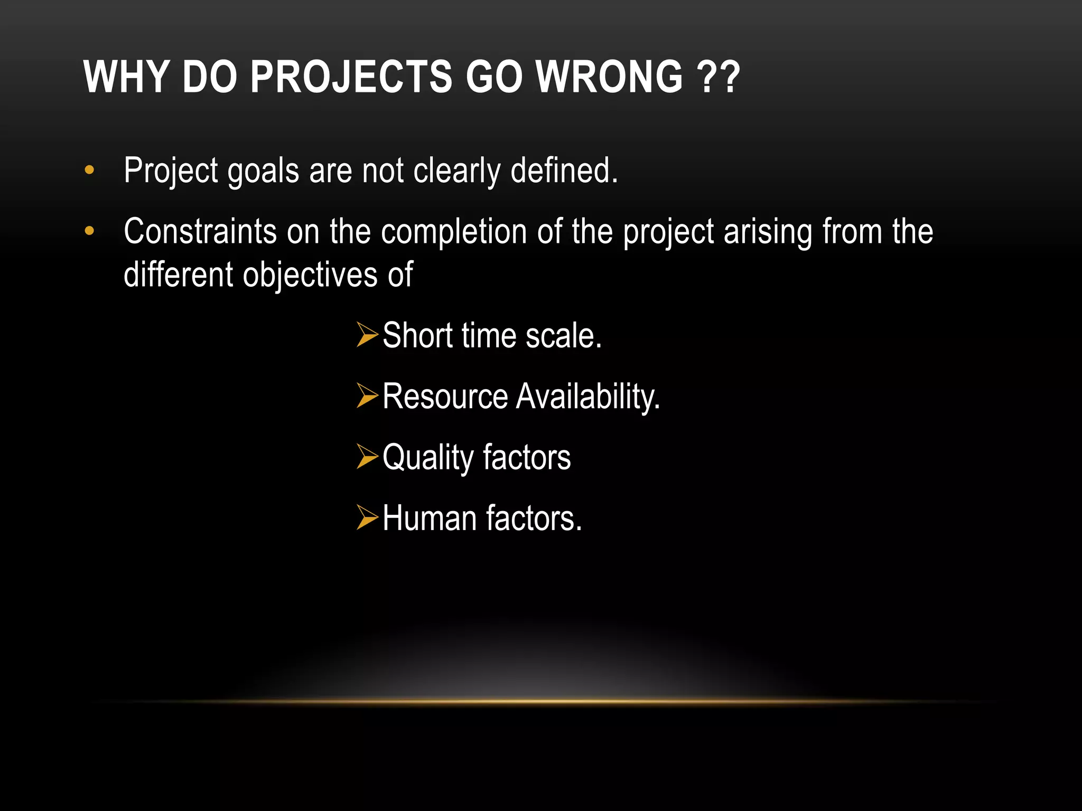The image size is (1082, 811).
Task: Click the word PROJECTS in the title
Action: (x=351, y=77)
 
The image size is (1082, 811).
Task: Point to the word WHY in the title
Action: (x=126, y=77)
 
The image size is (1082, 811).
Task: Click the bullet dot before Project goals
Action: (x=89, y=170)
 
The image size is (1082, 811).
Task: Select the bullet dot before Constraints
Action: (x=89, y=231)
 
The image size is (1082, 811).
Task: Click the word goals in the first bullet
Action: (x=263, y=172)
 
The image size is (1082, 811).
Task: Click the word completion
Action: (x=453, y=232)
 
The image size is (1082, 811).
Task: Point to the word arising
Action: (x=768, y=232)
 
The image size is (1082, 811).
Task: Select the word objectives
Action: (x=310, y=276)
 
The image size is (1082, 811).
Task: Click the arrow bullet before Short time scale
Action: (x=367, y=335)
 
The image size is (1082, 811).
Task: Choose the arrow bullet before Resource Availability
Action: (x=367, y=395)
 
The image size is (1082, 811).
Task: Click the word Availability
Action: (x=588, y=397)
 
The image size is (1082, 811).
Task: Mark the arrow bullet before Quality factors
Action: (x=367, y=456)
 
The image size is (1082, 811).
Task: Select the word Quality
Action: (x=428, y=458)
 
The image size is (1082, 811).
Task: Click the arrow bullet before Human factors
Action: (x=367, y=517)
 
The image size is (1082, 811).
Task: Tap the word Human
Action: (x=428, y=518)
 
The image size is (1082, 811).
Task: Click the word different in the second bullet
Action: (x=178, y=275)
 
